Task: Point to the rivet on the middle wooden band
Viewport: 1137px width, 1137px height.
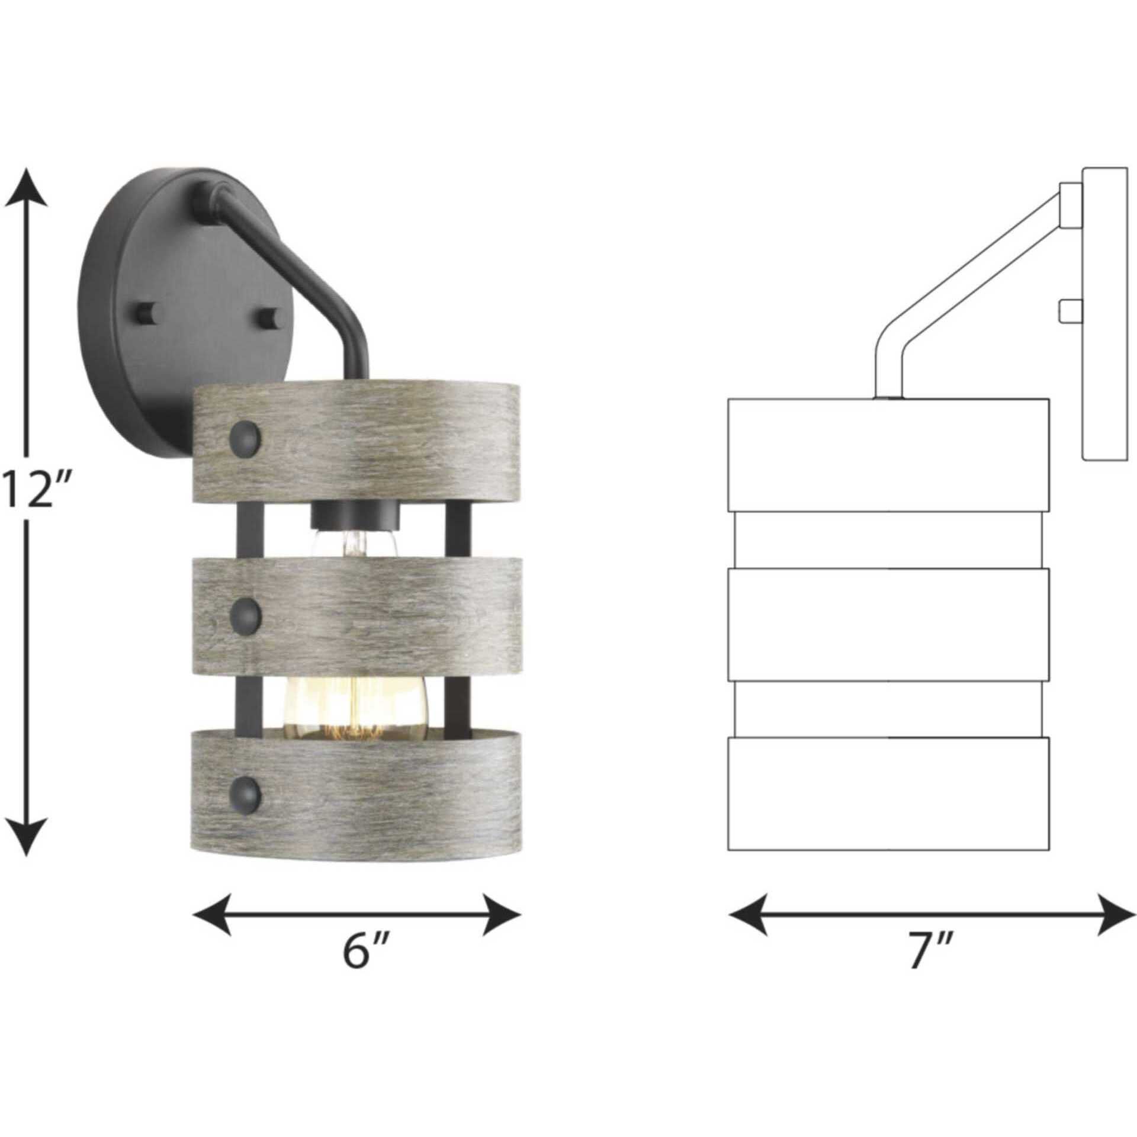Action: coord(245,612)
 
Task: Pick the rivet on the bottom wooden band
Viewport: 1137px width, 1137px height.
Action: coord(245,791)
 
